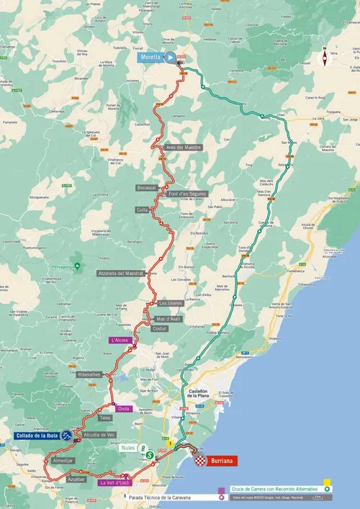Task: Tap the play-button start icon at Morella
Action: coord(169,57)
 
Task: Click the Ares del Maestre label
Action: coord(183,147)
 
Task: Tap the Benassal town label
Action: coord(146,188)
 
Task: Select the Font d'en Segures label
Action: coord(187,194)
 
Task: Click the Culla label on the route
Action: coord(142,210)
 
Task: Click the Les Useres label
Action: coord(171,303)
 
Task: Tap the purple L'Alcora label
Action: coord(119,340)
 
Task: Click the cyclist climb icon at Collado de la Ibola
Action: coord(66,436)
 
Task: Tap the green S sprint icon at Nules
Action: coord(149,455)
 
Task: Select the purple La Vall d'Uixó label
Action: coord(115,483)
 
